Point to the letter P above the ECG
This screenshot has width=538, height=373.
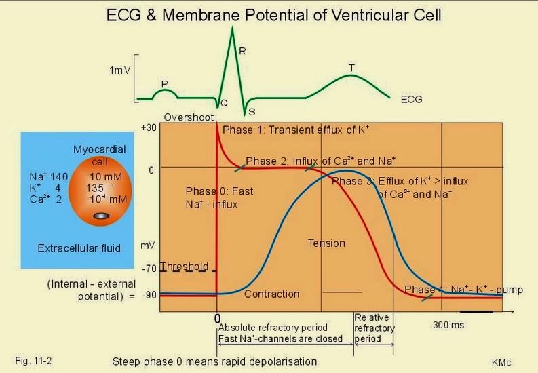pos(164,83)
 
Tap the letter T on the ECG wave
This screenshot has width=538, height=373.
pos(351,68)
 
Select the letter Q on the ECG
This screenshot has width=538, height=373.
pos(224,103)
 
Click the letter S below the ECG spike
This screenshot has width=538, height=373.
pos(252,111)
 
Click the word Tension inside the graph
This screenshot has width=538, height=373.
pos(326,243)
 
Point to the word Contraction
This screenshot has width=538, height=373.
pos(271,294)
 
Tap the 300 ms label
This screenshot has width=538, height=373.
pos(448,325)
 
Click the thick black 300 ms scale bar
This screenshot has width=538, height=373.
pos(480,311)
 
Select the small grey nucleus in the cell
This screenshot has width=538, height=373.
pos(100,216)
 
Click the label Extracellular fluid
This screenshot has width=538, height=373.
pos(79,248)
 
